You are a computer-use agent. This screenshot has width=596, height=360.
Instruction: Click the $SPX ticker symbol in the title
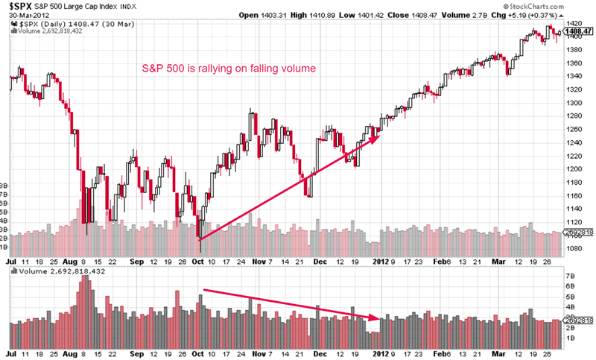(x=20, y=6)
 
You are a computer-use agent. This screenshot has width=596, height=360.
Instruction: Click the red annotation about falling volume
(x=230, y=69)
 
